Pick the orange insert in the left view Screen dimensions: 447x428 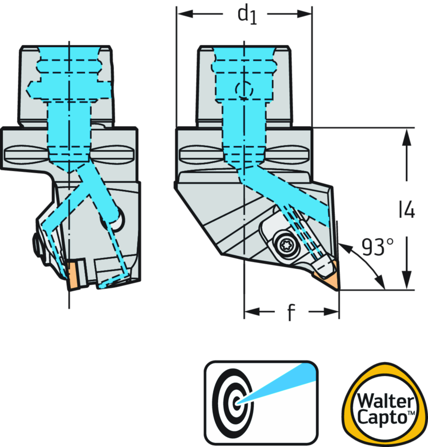tap(72, 275)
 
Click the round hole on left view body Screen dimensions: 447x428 tap(116, 217)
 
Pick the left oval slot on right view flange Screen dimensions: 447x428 tap(202, 155)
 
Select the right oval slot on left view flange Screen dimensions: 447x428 tap(114, 154)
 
